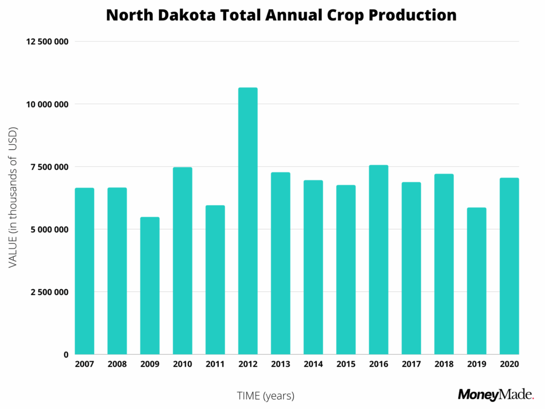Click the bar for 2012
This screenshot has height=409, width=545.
click(248, 221)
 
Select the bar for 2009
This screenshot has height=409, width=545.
click(150, 285)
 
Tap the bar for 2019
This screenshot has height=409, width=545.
click(476, 281)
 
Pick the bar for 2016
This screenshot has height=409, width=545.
click(378, 259)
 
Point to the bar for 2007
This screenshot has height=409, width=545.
click(85, 271)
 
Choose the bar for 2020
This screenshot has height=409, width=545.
click(509, 266)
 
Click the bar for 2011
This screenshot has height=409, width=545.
click(215, 280)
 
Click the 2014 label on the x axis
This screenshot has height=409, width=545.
click(313, 364)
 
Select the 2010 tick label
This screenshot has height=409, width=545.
click(183, 364)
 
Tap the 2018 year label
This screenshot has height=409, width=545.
click(444, 364)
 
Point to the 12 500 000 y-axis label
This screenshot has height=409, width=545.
click(46, 42)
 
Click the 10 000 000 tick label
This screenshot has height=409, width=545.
click(46, 104)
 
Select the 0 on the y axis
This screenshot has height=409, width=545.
click(66, 355)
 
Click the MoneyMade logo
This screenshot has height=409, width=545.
click(496, 395)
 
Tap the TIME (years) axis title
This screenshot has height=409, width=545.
click(265, 396)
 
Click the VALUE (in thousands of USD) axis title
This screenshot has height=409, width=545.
click(13, 198)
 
